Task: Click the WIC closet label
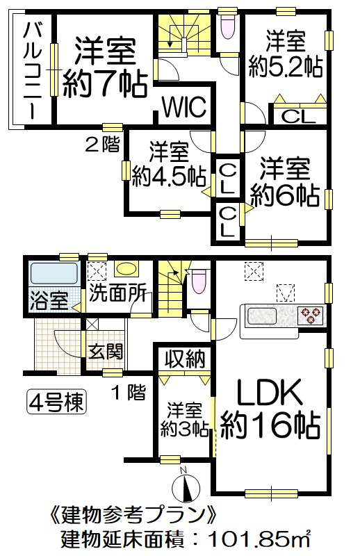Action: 184,106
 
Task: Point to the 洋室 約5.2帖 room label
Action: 286,55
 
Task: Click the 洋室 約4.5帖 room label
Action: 169,164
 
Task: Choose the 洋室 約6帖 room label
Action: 285,183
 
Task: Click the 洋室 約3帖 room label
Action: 184,420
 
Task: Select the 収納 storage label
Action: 185,359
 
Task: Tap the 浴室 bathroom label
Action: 49,300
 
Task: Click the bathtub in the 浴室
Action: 54,273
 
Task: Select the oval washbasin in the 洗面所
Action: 126,269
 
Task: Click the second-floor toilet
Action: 227,26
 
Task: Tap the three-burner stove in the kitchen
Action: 311,316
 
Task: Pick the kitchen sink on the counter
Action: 262,316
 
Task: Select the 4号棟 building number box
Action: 57,402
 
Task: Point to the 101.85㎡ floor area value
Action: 259,540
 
